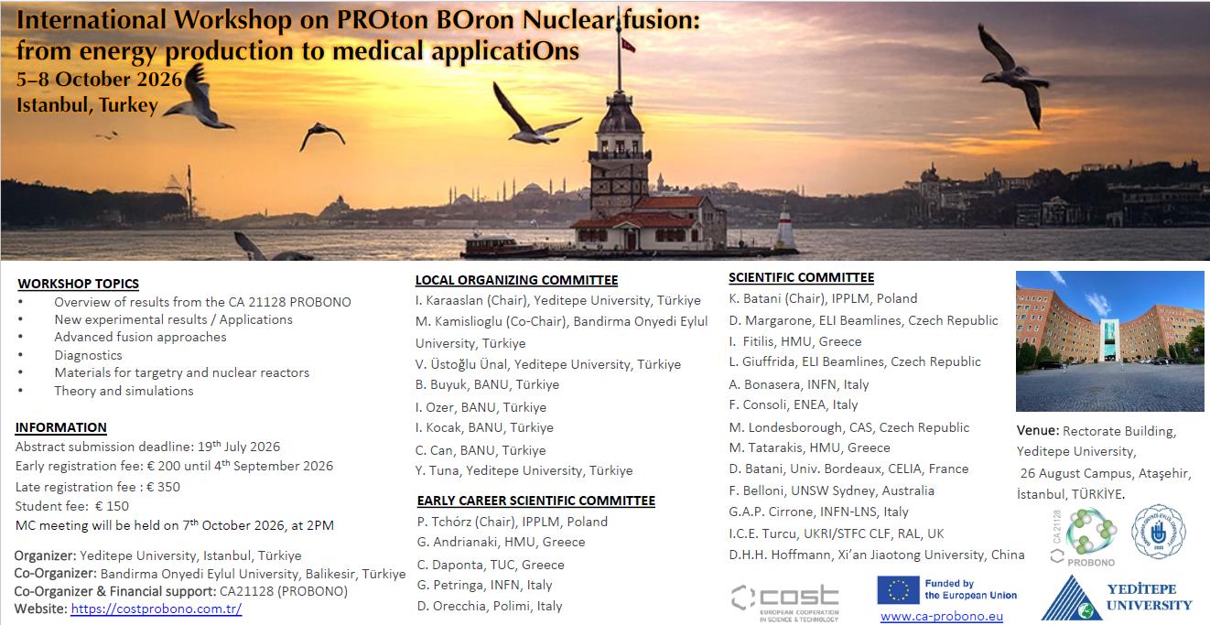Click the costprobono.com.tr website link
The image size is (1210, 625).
(156, 609)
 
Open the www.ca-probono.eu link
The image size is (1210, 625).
(941, 616)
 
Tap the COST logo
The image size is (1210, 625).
(784, 599)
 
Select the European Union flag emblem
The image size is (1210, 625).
(898, 589)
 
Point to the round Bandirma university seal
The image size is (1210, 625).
(1158, 532)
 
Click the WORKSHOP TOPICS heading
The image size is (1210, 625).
(78, 284)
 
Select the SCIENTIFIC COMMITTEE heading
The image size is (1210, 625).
(801, 277)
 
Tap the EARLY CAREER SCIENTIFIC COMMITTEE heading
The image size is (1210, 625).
(535, 501)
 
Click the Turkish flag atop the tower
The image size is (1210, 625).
(629, 45)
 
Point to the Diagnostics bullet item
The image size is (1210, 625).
(88, 355)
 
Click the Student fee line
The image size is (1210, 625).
(72, 506)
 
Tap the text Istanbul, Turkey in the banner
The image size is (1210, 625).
(87, 105)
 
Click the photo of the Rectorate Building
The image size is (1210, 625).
(1109, 340)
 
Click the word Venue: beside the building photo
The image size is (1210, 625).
(1038, 431)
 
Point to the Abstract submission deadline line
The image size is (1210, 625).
(147, 447)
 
